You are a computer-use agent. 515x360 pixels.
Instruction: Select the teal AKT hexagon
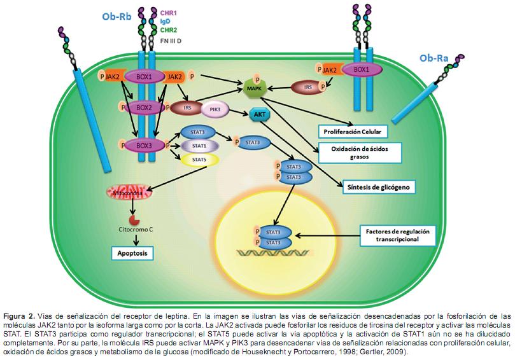258,114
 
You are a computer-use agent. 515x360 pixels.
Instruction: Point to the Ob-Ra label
433,59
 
